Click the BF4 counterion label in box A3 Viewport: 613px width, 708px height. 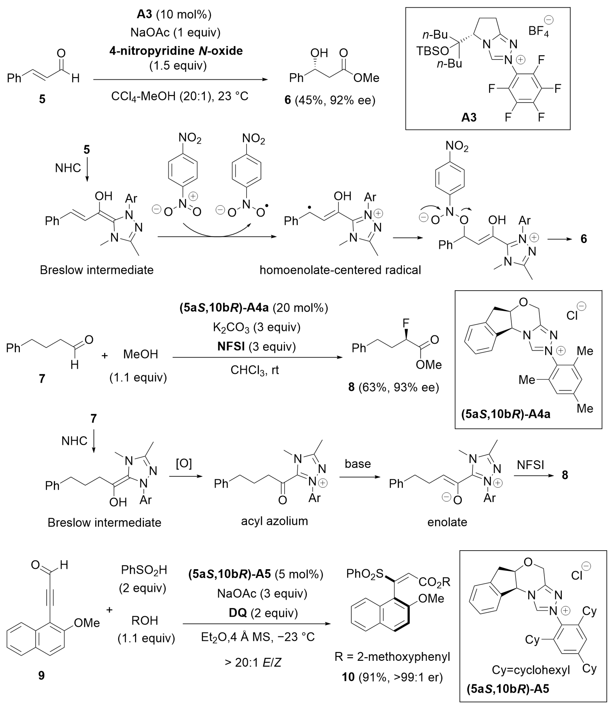point(539,31)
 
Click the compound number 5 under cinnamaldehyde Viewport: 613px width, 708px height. point(42,99)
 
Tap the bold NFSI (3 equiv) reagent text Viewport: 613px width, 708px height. point(256,347)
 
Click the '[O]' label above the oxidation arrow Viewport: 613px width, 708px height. point(184,464)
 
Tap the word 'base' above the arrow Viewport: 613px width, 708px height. point(358,464)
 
